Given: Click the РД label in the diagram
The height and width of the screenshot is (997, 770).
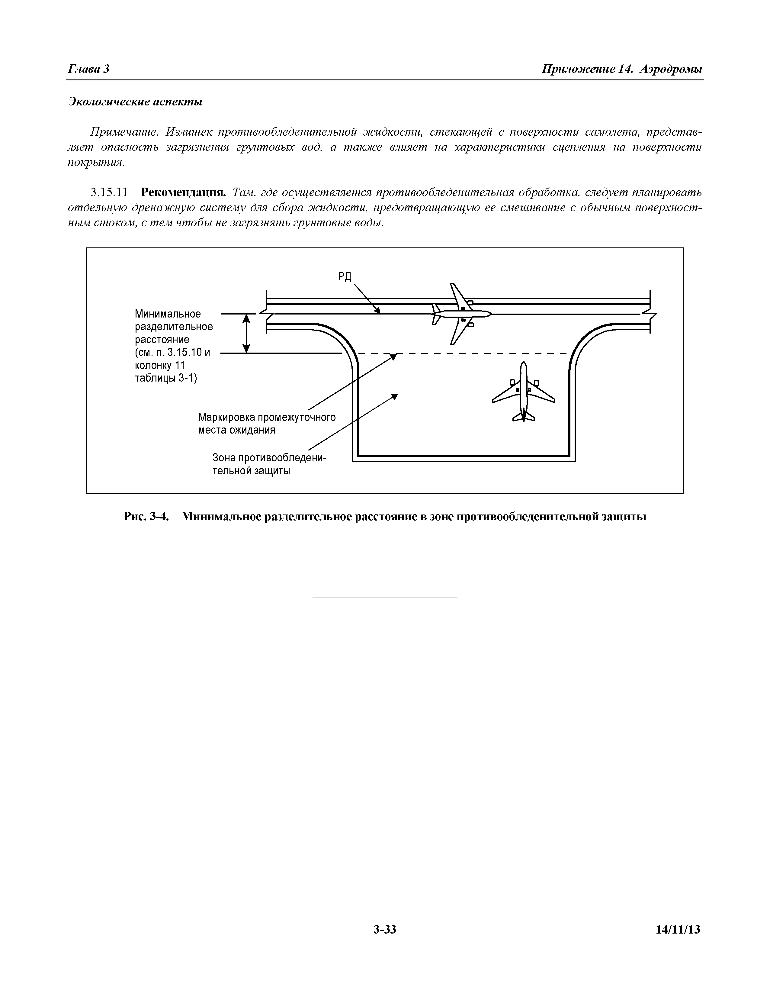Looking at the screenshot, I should (345, 277).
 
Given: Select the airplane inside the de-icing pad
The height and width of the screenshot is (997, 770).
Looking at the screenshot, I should (524, 392).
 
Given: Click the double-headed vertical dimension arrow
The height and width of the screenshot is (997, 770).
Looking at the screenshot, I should (246, 333).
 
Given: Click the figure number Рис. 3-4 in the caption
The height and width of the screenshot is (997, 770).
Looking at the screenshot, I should (146, 516).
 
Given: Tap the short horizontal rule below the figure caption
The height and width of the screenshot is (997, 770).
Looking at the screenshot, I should (384, 598).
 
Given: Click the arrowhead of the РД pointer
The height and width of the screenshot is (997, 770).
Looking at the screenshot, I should (378, 311).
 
